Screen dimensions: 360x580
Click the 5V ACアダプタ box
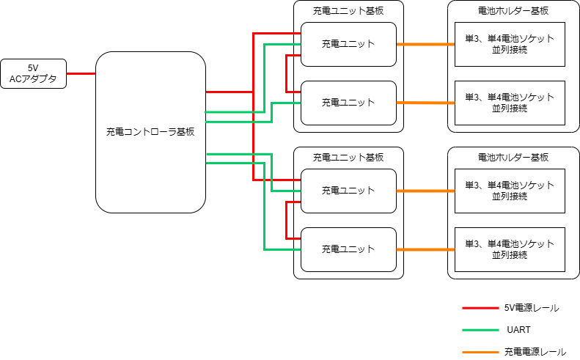click(34, 73)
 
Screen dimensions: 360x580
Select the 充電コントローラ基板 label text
click(150, 132)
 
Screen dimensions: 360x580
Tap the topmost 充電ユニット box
click(348, 44)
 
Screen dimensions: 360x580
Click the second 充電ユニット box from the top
click(348, 103)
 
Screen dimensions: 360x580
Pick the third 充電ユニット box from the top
click(348, 191)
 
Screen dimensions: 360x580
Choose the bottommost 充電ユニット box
click(348, 249)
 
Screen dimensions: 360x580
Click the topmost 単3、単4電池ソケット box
click(510, 44)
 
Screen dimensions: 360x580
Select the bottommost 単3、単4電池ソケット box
click(510, 249)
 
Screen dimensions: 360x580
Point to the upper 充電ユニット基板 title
click(348, 11)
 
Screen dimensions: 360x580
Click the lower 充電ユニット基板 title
click(348, 158)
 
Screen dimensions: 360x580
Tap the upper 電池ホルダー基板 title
click(510, 11)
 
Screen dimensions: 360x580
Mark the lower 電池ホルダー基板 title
click(510, 158)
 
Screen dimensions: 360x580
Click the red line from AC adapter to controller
click(81, 73)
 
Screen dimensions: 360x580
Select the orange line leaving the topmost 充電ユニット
click(425, 44)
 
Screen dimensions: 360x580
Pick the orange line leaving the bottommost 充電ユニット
click(425, 249)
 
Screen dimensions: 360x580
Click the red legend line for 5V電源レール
click(481, 309)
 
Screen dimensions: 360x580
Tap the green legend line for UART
click(481, 331)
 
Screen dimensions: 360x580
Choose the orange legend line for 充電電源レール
click(481, 353)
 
